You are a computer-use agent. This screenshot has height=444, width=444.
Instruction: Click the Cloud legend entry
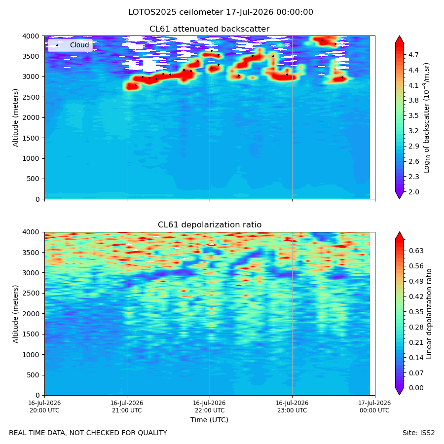click(70, 45)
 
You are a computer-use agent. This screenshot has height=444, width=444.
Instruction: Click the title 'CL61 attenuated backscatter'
click(209, 29)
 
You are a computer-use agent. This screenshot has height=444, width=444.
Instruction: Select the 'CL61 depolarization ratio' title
click(210, 225)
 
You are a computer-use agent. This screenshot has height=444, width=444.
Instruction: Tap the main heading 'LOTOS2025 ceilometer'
click(176, 12)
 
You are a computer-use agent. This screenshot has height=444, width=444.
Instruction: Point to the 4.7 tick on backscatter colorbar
click(413, 55)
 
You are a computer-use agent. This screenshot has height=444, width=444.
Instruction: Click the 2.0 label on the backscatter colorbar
click(413, 192)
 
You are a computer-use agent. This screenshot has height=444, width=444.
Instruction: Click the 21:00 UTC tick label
click(127, 407)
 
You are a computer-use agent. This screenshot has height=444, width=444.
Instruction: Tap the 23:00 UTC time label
click(292, 407)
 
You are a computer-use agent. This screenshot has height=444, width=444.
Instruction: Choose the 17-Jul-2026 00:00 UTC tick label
click(374, 407)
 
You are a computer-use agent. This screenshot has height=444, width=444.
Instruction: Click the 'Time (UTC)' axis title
click(209, 420)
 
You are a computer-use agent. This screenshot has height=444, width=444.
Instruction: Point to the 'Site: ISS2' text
click(418, 433)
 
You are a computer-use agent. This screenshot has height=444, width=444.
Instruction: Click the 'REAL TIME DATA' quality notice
click(88, 433)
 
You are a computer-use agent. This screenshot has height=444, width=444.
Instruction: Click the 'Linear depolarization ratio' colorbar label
click(429, 314)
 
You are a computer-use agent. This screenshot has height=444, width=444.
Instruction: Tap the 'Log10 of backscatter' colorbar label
click(426, 118)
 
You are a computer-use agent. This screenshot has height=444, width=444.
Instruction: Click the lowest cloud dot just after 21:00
click(136, 85)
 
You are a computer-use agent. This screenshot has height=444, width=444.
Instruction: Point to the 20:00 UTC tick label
click(44, 407)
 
